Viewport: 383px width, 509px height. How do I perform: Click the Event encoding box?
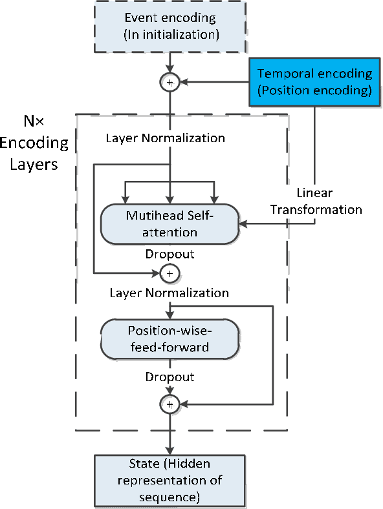[x=171, y=26]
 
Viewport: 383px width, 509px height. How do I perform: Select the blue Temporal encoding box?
[x=314, y=82]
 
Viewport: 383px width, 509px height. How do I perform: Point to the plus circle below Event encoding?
[x=171, y=83]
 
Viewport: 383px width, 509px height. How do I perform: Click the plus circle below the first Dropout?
[x=170, y=273]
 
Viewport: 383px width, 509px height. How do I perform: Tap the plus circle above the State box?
[x=170, y=404]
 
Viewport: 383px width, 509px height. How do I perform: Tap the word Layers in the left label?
[x=36, y=164]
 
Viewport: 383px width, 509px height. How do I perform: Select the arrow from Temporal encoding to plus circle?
[x=213, y=83]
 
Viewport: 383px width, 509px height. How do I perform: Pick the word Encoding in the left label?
[x=36, y=143]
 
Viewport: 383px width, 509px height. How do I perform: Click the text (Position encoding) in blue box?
[x=314, y=90]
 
